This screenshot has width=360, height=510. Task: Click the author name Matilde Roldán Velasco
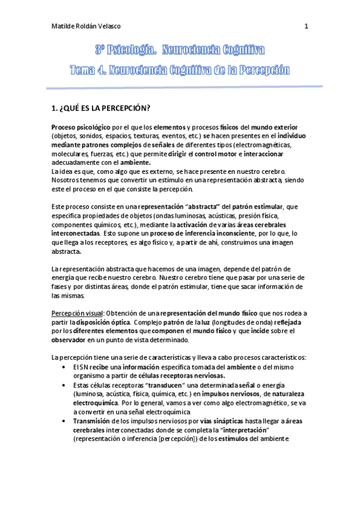coord(87,26)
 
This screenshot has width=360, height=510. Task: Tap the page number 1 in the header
coord(307,26)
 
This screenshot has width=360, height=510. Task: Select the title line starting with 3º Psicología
coord(180,50)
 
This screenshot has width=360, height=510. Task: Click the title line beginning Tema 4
coord(180,70)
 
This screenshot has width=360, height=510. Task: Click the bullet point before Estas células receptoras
coord(64,384)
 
